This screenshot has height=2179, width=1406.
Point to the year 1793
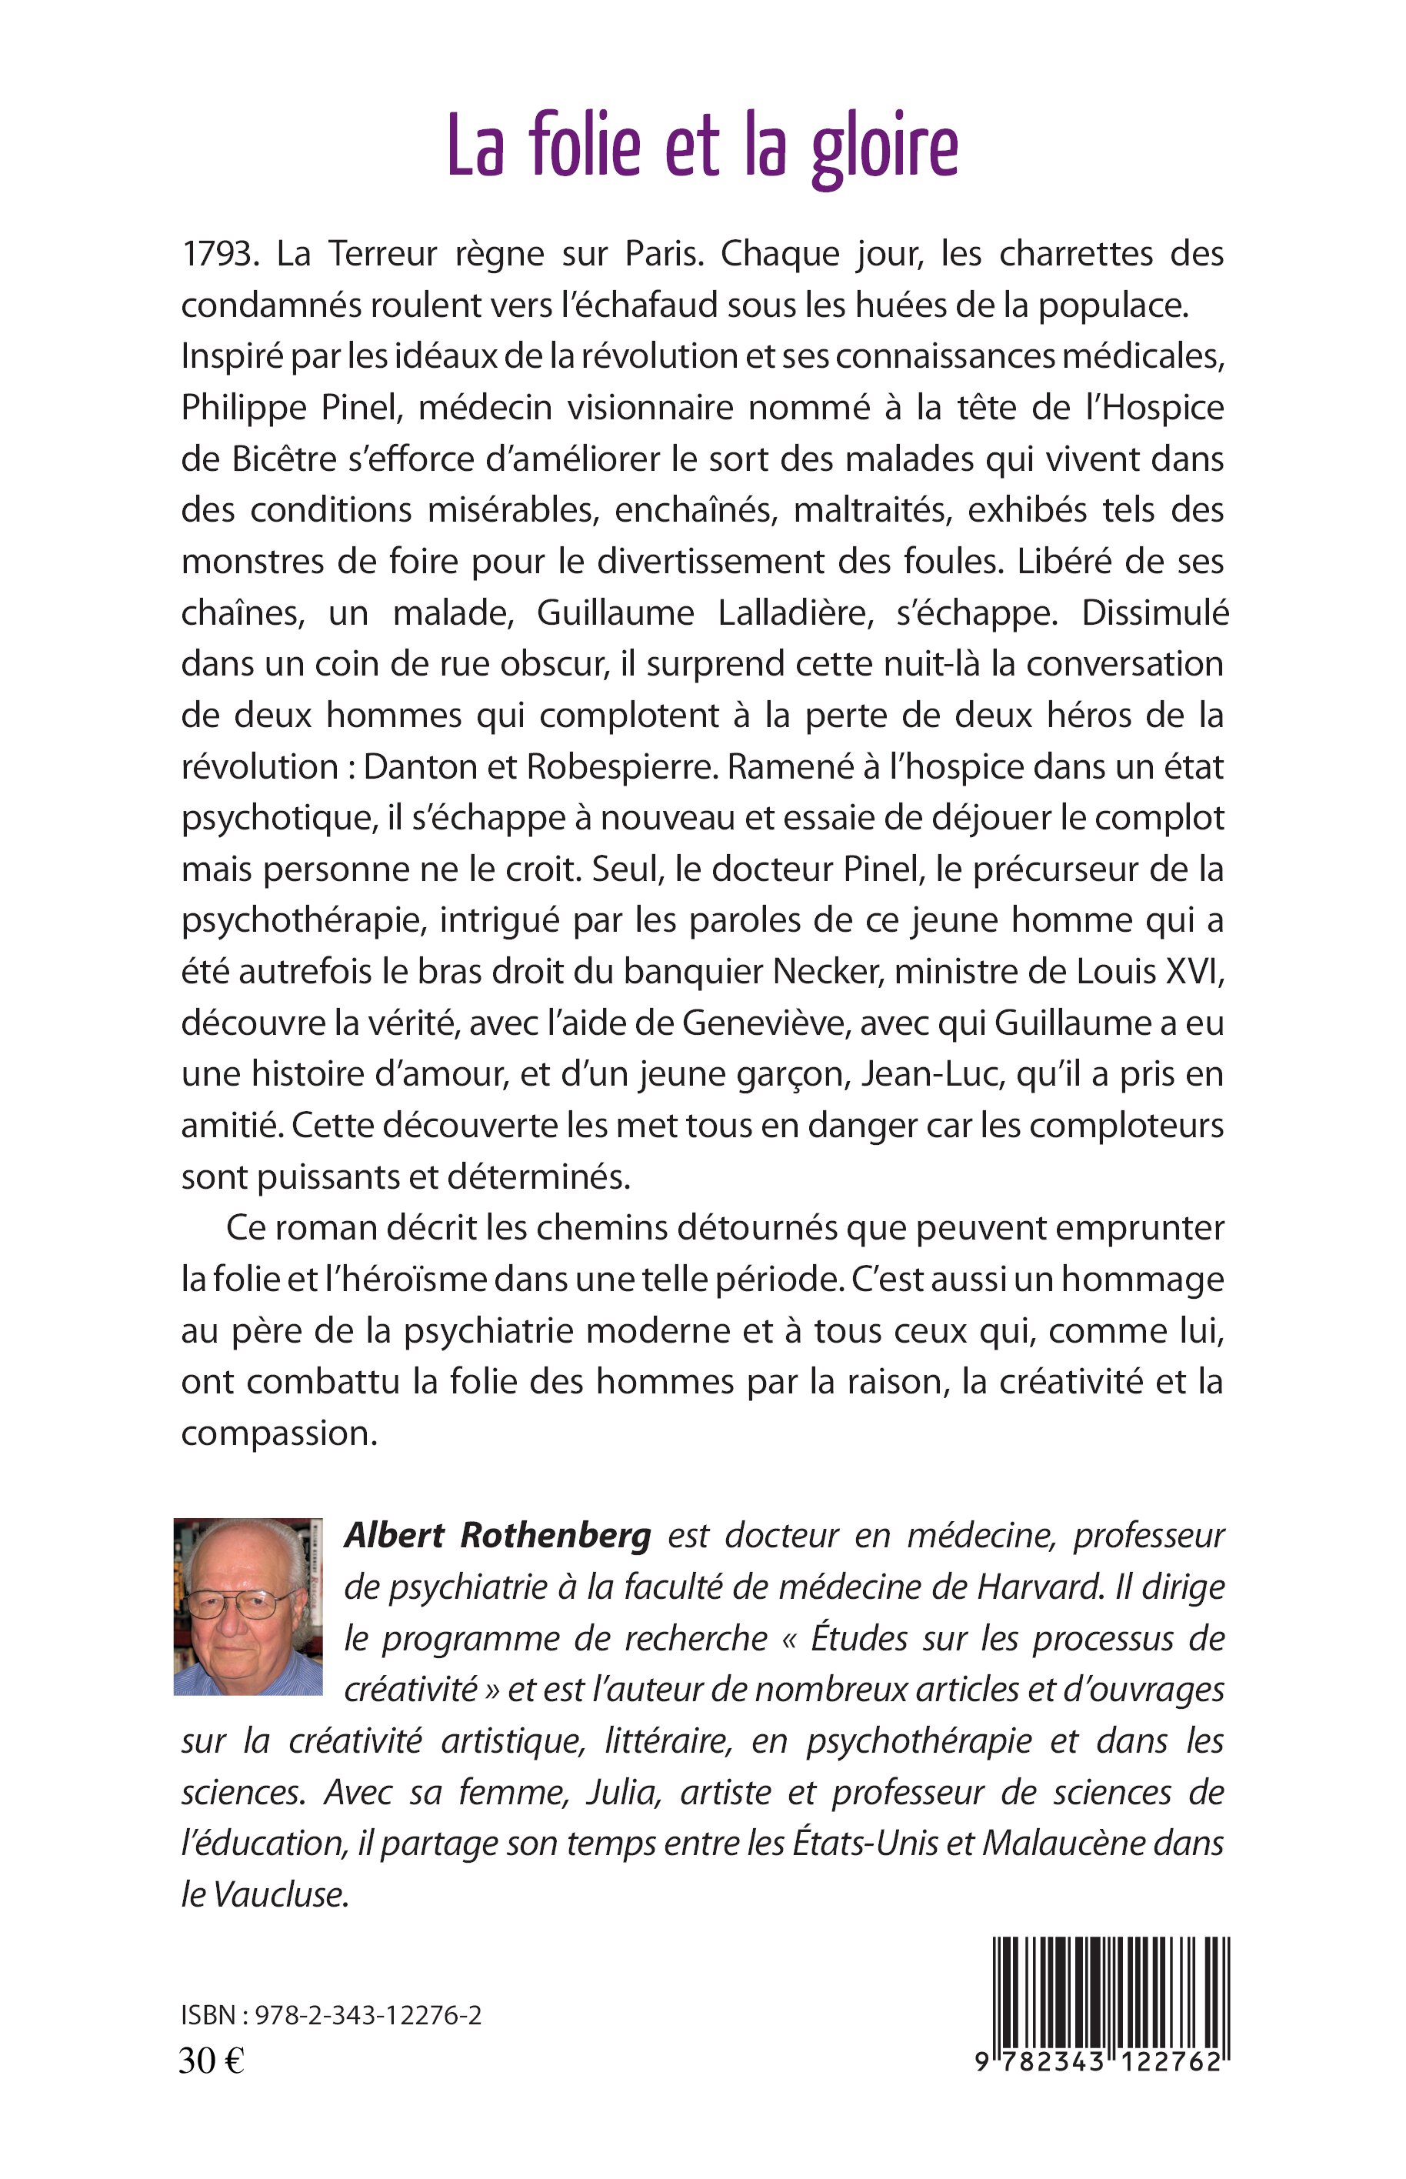[215, 255]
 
